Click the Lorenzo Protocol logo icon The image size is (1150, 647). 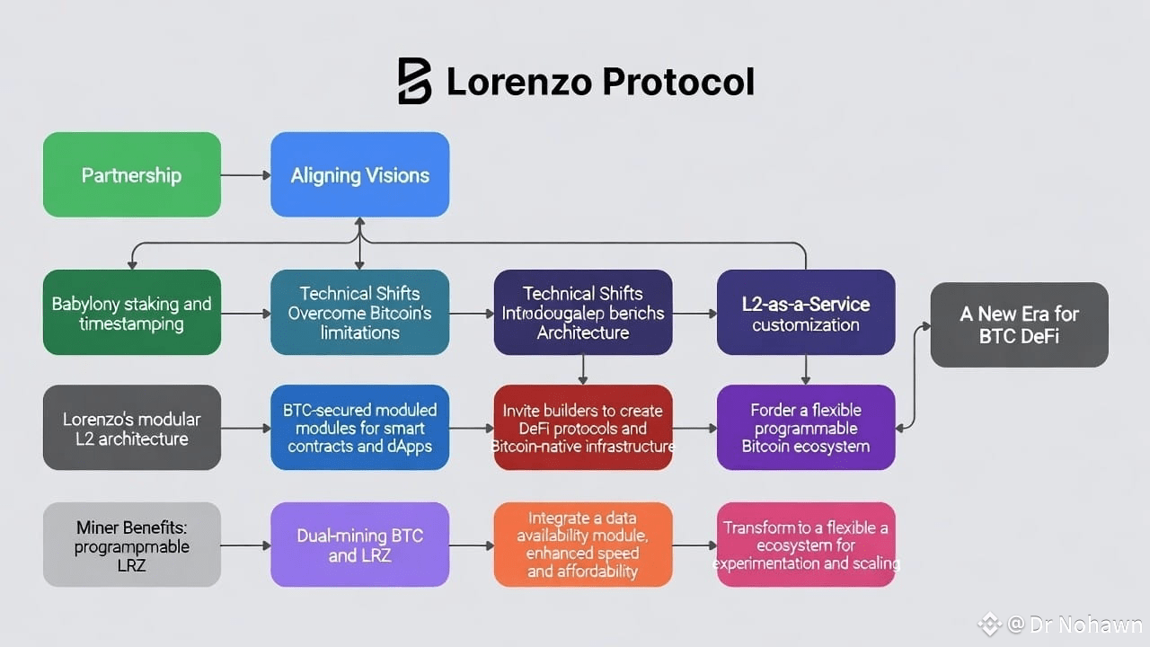click(x=414, y=82)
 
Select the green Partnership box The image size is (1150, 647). click(x=131, y=174)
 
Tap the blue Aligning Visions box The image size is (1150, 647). click(x=359, y=174)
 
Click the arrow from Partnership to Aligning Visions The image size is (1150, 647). click(x=245, y=175)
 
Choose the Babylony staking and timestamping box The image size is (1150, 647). click(x=131, y=313)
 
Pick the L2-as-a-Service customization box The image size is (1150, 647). click(x=805, y=313)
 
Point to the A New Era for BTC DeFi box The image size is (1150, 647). click(x=1019, y=324)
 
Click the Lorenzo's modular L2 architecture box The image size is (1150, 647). click(x=131, y=428)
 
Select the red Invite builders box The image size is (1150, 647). click(x=582, y=428)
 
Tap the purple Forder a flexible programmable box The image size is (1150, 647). click(x=805, y=428)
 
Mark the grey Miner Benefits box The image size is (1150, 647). click(x=131, y=545)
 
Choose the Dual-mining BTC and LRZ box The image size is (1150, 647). click(x=359, y=545)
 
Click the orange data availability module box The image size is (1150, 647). click(x=582, y=545)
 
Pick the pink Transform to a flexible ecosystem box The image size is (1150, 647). click(x=805, y=545)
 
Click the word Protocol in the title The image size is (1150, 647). click(x=677, y=82)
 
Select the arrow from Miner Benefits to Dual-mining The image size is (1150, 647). click(x=245, y=545)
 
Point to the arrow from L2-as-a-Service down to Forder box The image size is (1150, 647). click(x=805, y=369)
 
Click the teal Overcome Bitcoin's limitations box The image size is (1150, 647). click(x=359, y=313)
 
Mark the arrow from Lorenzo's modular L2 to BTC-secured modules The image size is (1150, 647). click(x=245, y=429)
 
